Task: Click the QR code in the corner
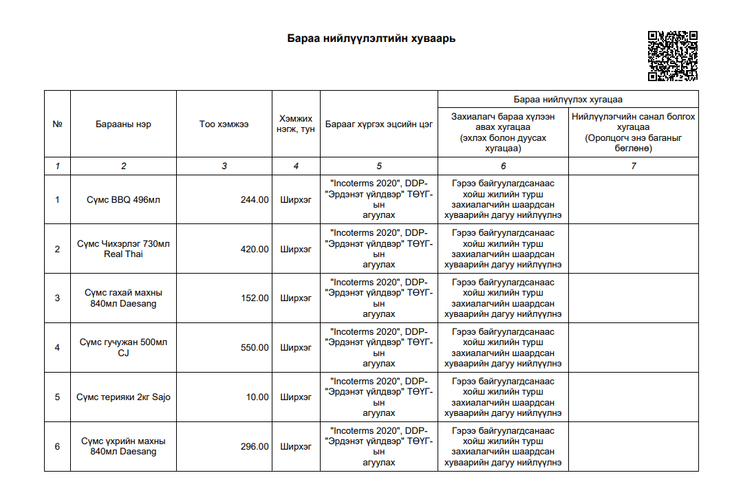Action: click(x=673, y=56)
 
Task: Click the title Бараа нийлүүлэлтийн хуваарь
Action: click(x=372, y=38)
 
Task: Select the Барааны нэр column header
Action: click(x=124, y=124)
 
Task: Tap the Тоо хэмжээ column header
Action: click(x=224, y=124)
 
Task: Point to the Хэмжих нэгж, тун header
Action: click(x=296, y=124)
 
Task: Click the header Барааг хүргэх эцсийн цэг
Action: click(x=379, y=124)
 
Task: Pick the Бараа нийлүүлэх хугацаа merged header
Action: click(x=568, y=100)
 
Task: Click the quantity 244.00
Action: click(x=255, y=200)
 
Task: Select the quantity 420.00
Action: click(x=255, y=249)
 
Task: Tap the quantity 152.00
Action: click(x=255, y=298)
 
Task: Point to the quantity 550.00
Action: click(x=255, y=348)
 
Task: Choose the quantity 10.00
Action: click(x=257, y=397)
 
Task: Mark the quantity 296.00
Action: click(x=255, y=447)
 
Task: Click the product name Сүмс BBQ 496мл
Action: click(x=124, y=200)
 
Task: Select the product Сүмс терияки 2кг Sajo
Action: click(x=124, y=397)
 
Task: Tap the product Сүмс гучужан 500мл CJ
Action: click(x=124, y=348)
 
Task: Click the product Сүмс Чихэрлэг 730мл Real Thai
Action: click(x=124, y=249)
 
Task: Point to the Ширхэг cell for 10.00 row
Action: click(x=296, y=397)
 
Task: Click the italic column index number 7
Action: click(x=633, y=166)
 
